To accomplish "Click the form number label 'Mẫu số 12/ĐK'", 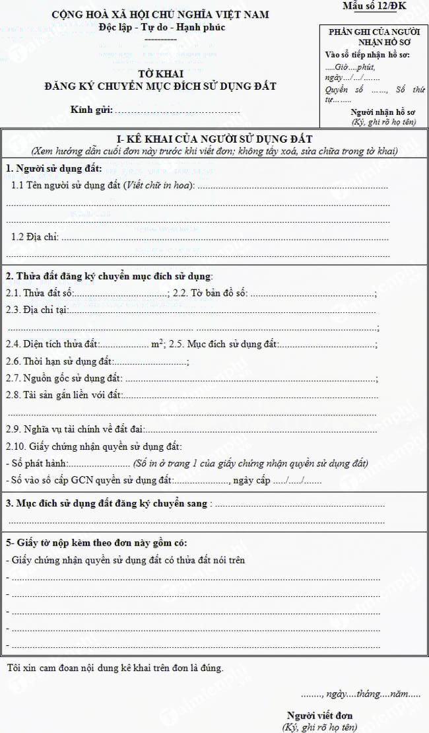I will tap(374, 7).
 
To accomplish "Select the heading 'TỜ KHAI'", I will tap(160, 74).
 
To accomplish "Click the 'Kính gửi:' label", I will tap(91, 110).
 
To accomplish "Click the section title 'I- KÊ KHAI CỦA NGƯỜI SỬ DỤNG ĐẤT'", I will tap(214, 138).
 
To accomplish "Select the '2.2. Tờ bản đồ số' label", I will tap(210, 293).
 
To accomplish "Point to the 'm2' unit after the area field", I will tap(157, 344).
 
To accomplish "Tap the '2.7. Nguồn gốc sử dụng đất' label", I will tap(64, 378).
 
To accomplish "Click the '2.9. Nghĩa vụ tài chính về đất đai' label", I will tap(75, 430).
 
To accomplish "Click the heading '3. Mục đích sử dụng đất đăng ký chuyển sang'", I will tap(106, 504).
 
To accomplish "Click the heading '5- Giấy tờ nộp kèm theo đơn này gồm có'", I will tap(96, 543).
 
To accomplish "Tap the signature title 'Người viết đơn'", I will tap(320, 715).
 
